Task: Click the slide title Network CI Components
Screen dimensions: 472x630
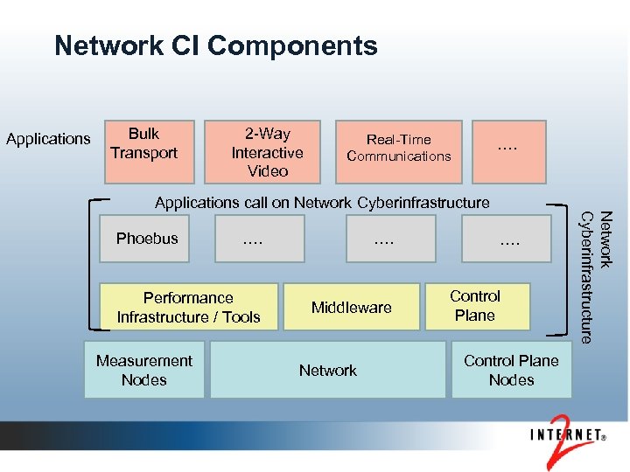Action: (215, 45)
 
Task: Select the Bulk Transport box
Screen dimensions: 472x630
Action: (143, 150)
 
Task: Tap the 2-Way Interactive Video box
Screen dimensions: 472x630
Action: (267, 151)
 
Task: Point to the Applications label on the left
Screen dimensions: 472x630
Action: (48, 139)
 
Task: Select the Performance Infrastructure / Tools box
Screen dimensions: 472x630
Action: (189, 308)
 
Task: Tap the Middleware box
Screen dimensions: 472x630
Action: (352, 308)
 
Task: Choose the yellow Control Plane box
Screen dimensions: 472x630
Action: (477, 307)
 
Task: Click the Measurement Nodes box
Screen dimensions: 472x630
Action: (144, 371)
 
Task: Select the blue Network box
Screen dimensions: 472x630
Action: (328, 371)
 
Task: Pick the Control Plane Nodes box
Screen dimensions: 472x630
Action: (511, 371)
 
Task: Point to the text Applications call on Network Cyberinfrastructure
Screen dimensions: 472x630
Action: (322, 203)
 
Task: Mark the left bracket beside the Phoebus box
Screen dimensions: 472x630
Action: (89, 267)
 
